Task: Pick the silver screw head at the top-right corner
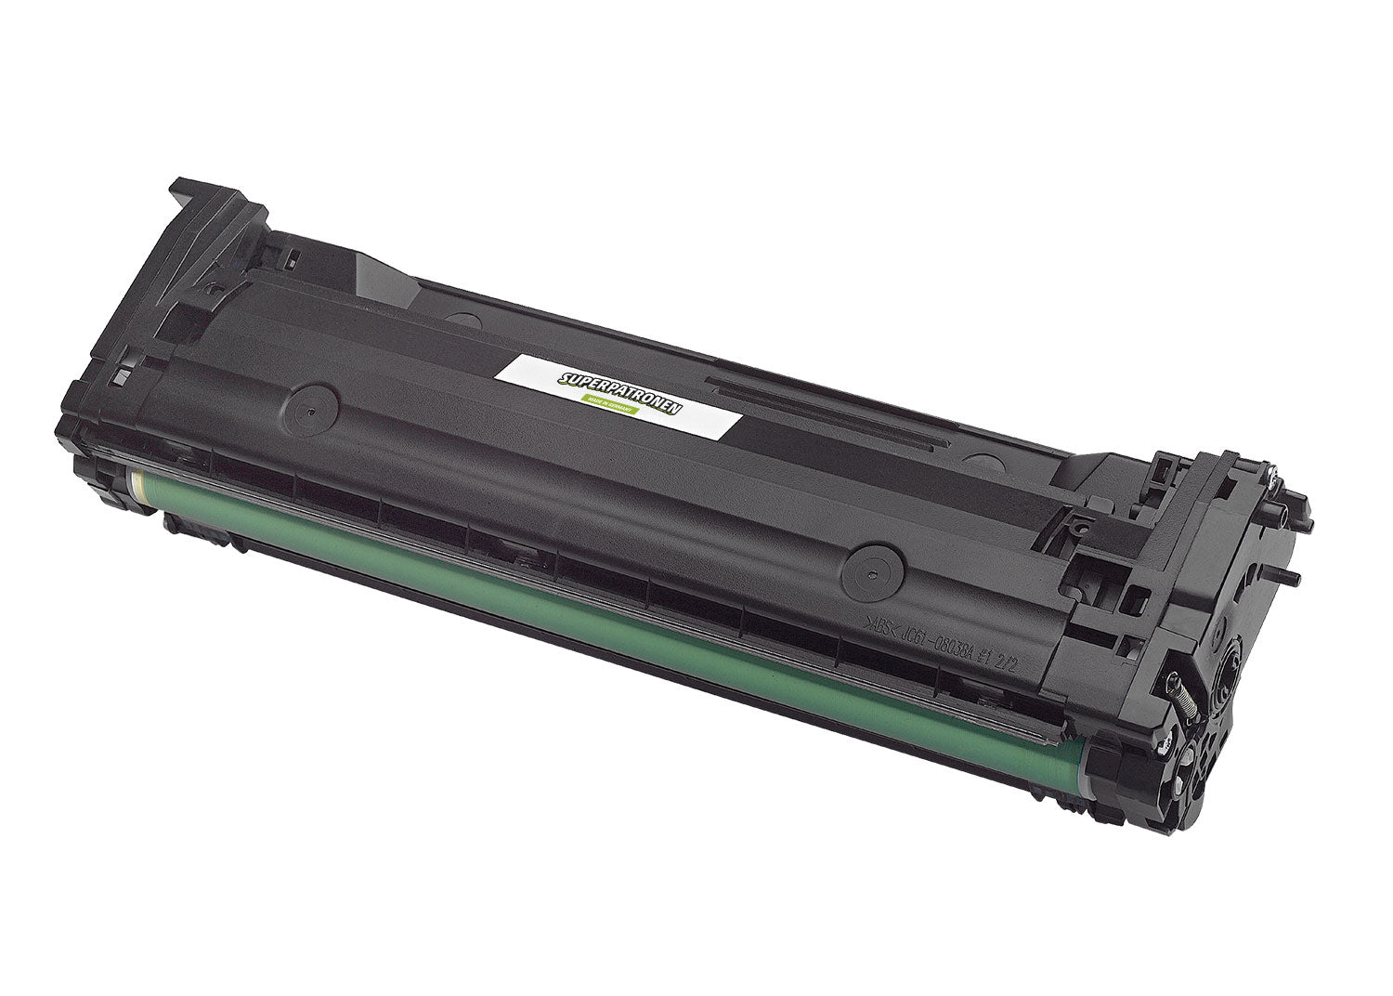1274,479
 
